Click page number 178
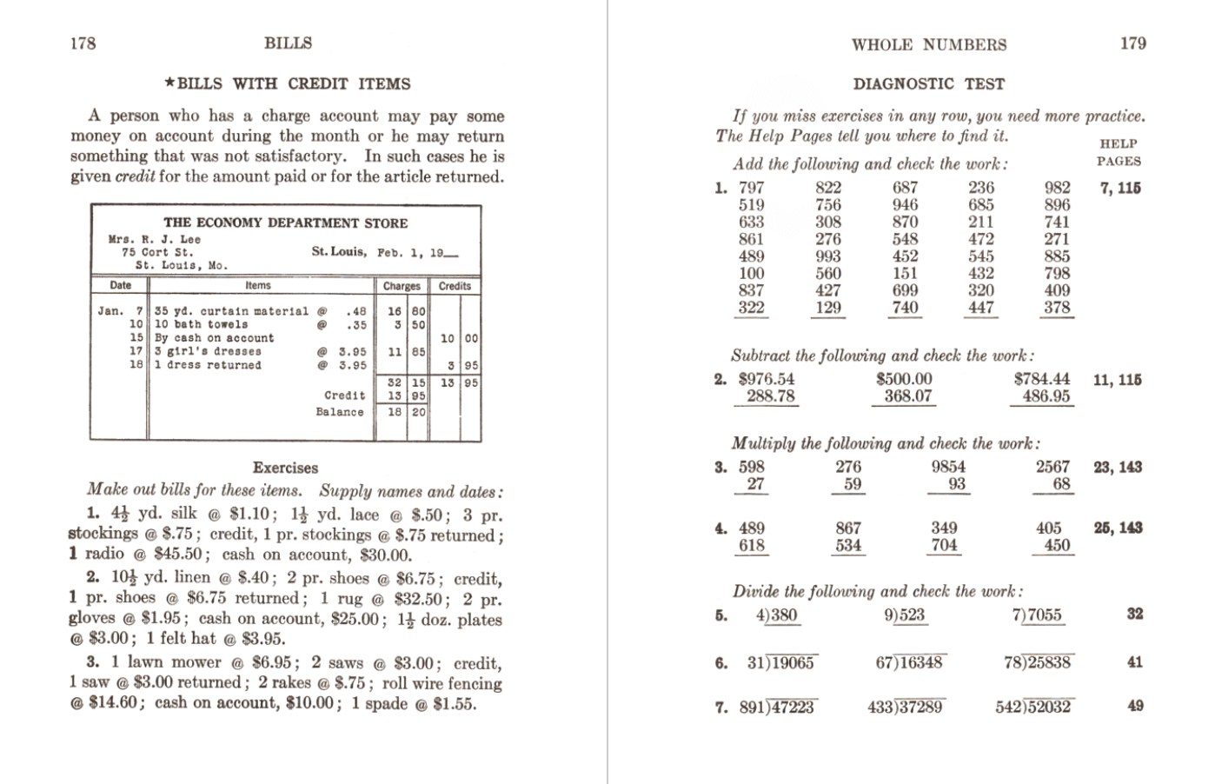pos(83,43)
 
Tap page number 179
pos(1132,43)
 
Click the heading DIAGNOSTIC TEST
pos(928,84)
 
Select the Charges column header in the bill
pos(402,286)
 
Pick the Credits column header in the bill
pos(455,286)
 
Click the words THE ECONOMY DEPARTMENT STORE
pos(285,223)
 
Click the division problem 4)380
pos(776,615)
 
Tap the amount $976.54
pos(767,379)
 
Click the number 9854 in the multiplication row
pos(948,467)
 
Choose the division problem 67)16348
pos(908,662)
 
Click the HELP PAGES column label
pos(1119,152)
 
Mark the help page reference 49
pos(1135,706)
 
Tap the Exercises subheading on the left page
pos(285,468)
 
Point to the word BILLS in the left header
pos(288,43)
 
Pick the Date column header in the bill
pos(121,286)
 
